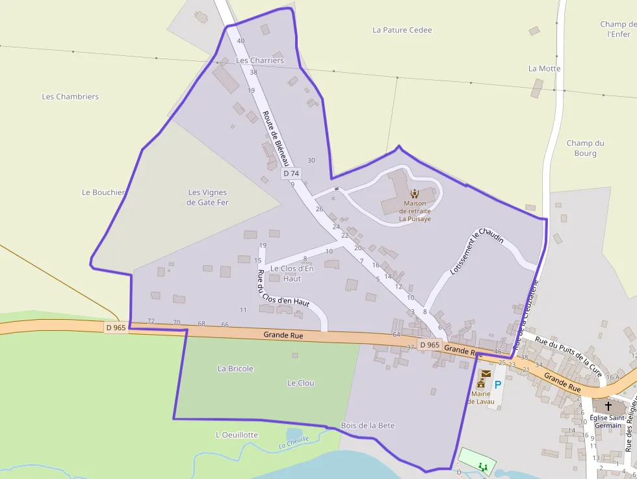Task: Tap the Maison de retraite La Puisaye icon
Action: (415, 193)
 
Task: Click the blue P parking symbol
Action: (498, 384)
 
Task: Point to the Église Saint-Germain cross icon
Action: (608, 406)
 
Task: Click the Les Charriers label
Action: (260, 60)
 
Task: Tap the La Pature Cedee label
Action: (402, 30)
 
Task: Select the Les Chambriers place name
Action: (70, 97)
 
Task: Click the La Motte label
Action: (544, 68)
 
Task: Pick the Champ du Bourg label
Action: (585, 148)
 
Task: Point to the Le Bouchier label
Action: (103, 192)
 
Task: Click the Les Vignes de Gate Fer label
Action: (208, 198)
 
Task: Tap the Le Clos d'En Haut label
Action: (292, 273)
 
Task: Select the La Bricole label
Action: (235, 369)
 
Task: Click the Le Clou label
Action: (301, 383)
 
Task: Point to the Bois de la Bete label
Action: (368, 426)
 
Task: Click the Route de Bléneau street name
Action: (276, 138)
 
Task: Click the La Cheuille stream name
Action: (294, 443)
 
